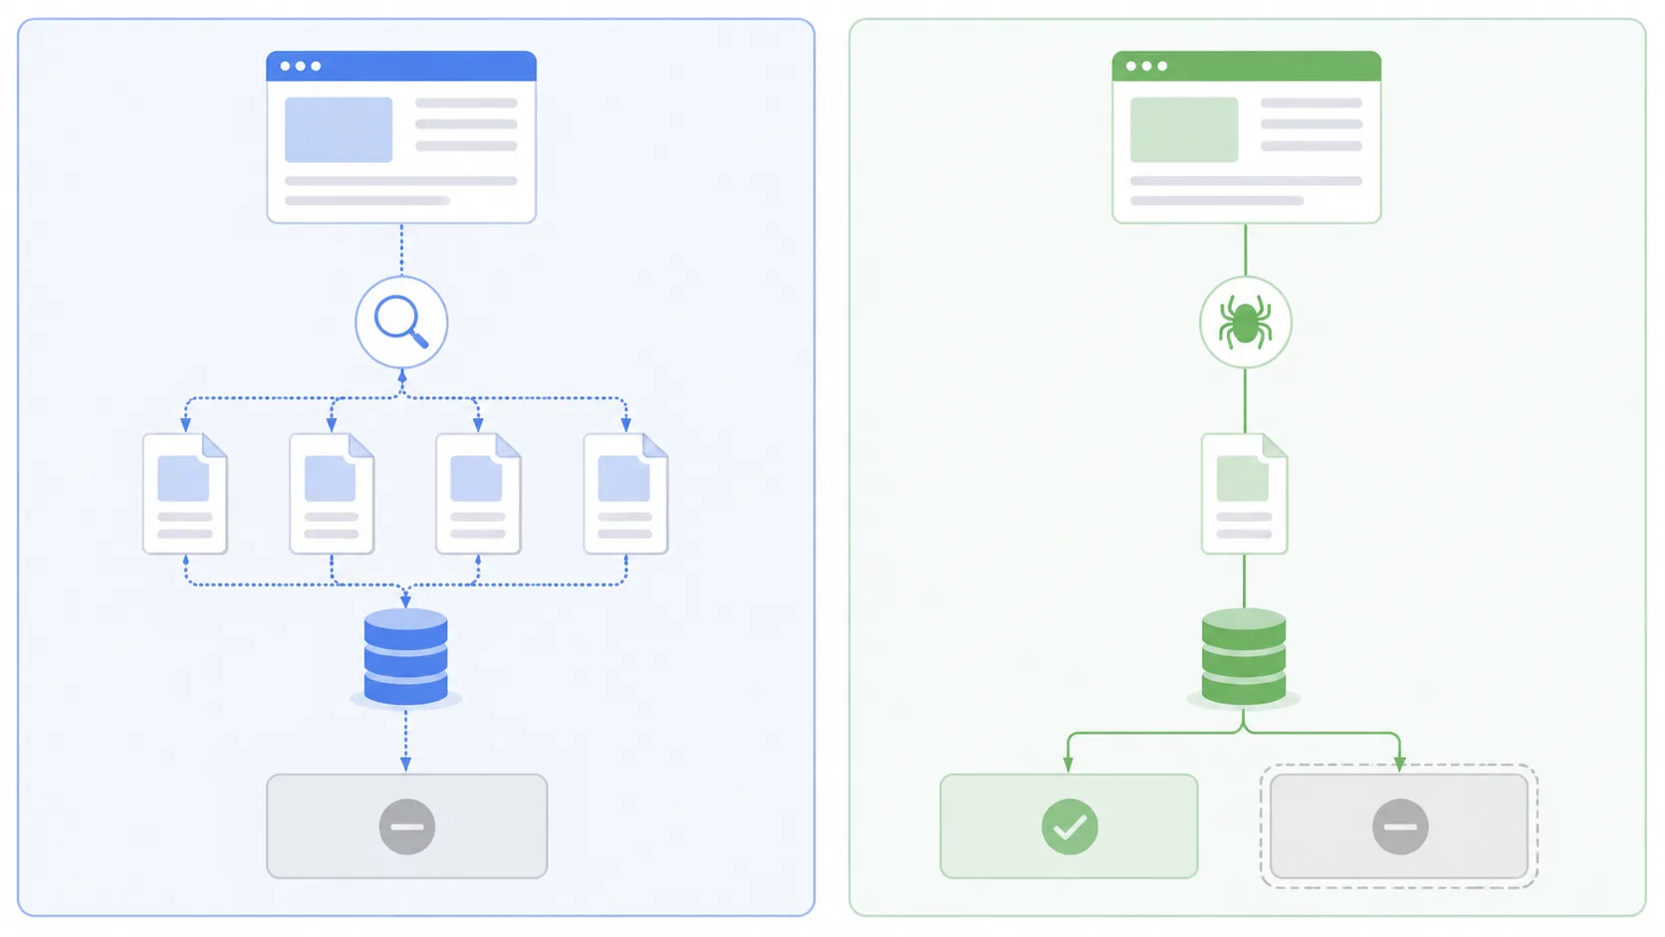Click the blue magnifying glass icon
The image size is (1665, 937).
(x=401, y=322)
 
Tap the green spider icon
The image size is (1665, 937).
(x=1245, y=322)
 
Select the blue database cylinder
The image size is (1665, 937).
(x=405, y=657)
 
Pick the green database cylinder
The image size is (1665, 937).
(x=1244, y=657)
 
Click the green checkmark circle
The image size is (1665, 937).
(x=1070, y=826)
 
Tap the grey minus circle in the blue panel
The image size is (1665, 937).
(x=406, y=826)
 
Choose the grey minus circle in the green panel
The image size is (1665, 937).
(x=1399, y=826)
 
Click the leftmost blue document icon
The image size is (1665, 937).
(x=185, y=494)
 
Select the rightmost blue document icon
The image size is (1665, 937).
(x=625, y=494)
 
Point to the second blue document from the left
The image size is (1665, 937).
(x=332, y=494)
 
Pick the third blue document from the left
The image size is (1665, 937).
(x=478, y=494)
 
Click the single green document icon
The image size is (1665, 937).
(x=1244, y=494)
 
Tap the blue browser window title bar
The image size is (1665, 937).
(x=401, y=66)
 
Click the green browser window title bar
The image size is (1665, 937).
(x=1246, y=66)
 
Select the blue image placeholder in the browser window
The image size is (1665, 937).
(x=339, y=129)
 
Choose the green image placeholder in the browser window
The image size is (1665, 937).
(x=1184, y=129)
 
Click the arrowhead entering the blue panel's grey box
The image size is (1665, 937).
(x=405, y=764)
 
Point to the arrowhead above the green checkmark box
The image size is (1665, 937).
(x=1069, y=764)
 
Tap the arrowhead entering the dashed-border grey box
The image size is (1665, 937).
(x=1399, y=764)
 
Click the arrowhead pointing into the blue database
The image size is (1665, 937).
(x=405, y=600)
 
